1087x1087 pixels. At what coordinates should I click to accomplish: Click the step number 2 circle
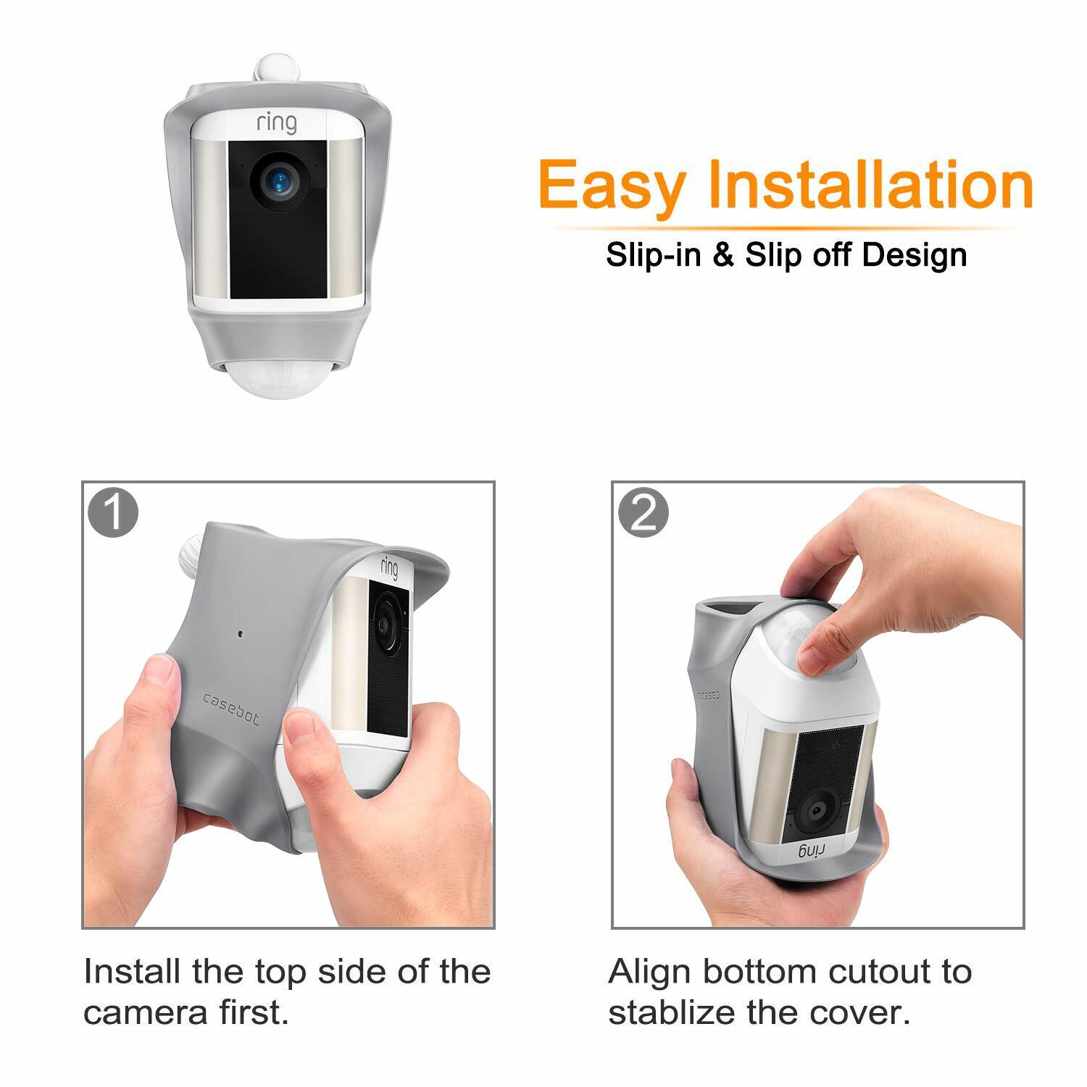click(x=643, y=512)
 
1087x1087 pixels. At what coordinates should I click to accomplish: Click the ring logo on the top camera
click(x=276, y=123)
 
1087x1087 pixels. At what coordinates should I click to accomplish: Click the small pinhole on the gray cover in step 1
click(x=240, y=633)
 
